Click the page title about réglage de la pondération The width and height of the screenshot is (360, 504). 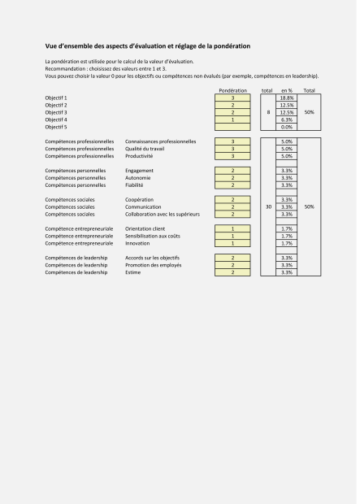pos(147,46)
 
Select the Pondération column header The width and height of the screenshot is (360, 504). pos(233,90)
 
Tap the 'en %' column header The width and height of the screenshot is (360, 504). pos(286,90)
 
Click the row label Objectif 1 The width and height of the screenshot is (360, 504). pos(57,98)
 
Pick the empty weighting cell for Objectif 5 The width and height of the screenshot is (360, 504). pos(233,127)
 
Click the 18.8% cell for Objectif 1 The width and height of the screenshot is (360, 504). pos(286,98)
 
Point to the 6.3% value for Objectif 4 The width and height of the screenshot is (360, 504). pos(286,119)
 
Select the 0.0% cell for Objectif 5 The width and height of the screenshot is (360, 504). pos(286,127)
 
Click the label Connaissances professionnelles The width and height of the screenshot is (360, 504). pos(160,141)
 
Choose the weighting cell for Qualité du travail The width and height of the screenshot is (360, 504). pos(233,149)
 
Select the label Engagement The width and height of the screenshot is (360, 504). pos(139,171)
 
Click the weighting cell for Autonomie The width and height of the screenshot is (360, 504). pos(233,177)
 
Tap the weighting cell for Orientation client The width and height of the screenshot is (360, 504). pos(233,228)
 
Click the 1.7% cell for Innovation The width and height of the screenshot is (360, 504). pos(286,243)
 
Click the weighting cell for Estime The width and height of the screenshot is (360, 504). pos(233,272)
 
